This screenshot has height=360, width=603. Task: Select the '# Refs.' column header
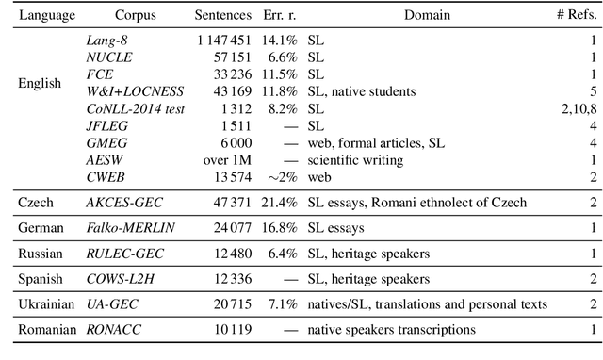[577, 15]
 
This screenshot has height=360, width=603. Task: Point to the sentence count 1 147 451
[224, 41]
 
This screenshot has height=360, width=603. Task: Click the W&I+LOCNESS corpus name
[134, 91]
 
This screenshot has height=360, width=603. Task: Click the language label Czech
[37, 202]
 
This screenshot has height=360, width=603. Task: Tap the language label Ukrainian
[44, 303]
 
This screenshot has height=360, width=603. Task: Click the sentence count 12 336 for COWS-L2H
[231, 278]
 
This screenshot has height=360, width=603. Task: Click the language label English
[40, 83]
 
